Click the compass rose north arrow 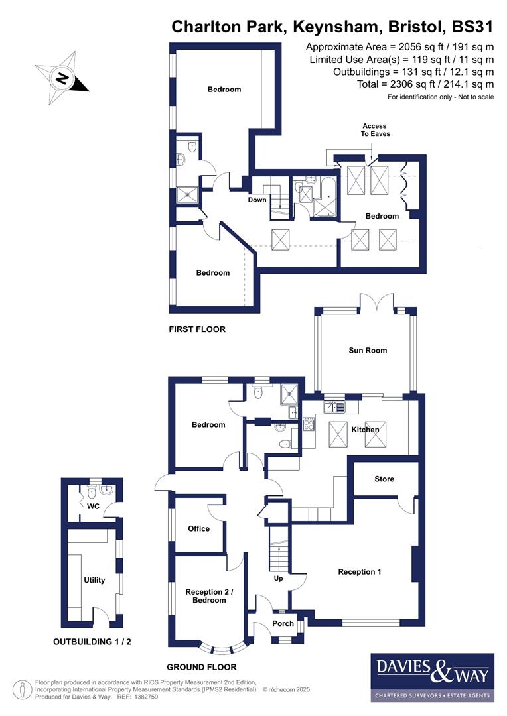point(62,78)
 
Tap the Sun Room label point(367,350)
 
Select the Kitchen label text point(365,430)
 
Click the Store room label point(384,479)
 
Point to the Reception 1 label point(359,571)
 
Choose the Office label point(198,528)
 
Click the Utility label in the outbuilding point(94,580)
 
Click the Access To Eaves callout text point(376,129)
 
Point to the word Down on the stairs point(257,200)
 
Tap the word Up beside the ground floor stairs point(279,578)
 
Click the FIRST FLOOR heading point(197,329)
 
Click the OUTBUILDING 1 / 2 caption point(97,642)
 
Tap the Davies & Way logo point(432,677)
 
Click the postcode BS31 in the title point(472,27)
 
